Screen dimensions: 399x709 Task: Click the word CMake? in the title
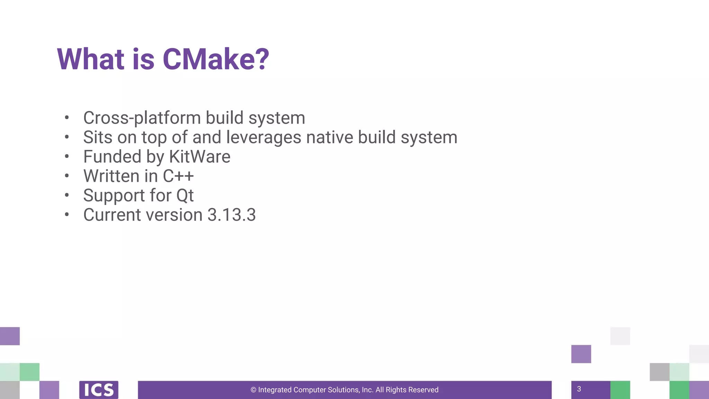(x=215, y=59)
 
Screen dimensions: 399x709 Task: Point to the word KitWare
(x=200, y=157)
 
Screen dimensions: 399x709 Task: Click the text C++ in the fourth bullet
(x=178, y=176)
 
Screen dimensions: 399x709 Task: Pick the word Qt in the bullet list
(x=185, y=196)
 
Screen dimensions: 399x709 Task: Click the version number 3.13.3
(x=231, y=215)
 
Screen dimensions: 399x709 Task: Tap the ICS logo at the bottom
(x=99, y=390)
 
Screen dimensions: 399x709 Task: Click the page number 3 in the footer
(x=579, y=389)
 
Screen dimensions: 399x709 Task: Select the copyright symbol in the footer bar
(x=253, y=390)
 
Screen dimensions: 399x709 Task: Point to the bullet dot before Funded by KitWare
(x=67, y=157)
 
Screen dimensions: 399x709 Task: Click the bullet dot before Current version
(x=67, y=215)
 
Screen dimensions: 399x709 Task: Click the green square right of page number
(x=620, y=390)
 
